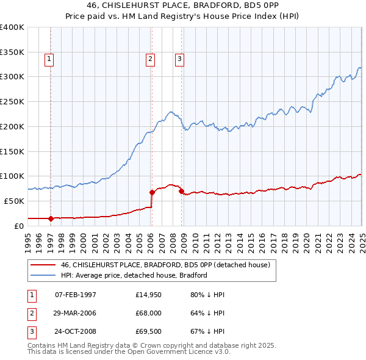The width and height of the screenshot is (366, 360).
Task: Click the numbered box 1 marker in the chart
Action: click(49, 59)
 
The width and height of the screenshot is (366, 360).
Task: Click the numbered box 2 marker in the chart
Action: click(150, 59)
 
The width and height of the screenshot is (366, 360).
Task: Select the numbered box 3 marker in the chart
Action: click(180, 59)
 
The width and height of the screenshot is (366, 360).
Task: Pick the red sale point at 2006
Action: click(152, 192)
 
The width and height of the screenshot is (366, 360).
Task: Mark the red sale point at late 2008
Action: click(181, 191)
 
